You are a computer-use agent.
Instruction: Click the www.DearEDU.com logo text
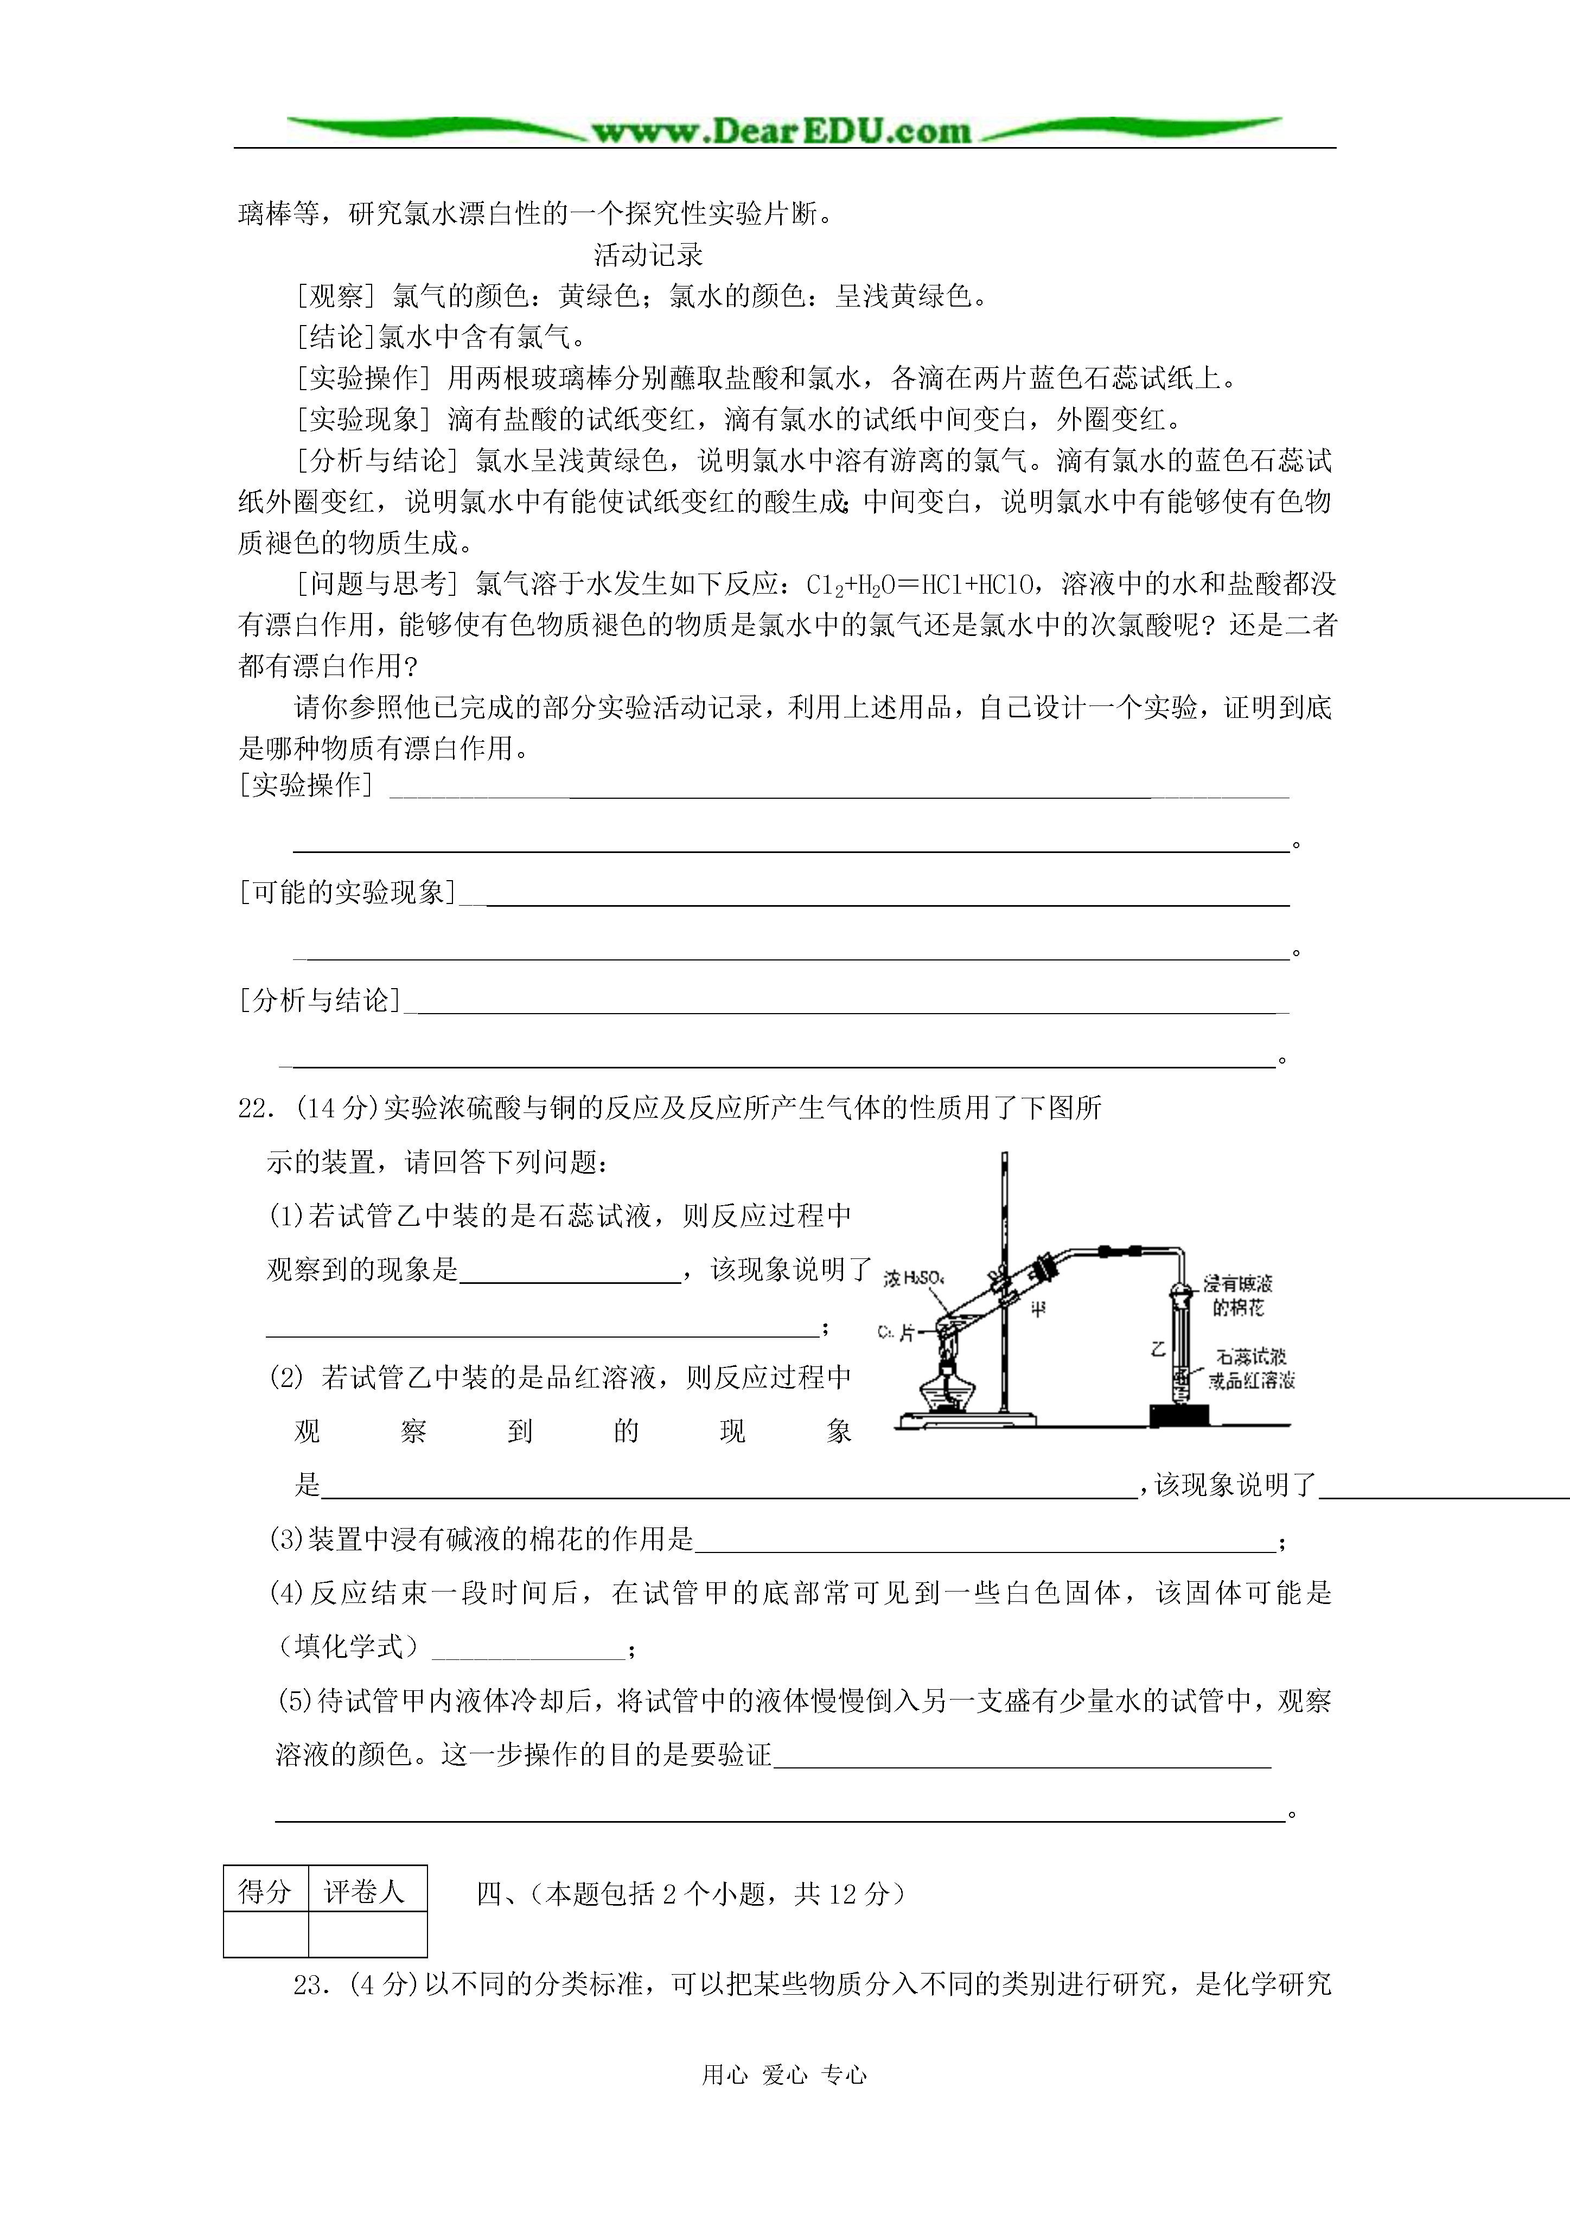click(782, 131)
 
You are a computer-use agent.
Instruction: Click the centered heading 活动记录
click(648, 256)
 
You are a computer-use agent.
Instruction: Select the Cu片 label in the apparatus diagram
click(896, 1333)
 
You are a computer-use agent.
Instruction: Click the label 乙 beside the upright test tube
click(1158, 1347)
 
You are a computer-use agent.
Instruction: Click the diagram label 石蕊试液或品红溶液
click(1252, 1369)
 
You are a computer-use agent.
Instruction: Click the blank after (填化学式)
click(528, 1645)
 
